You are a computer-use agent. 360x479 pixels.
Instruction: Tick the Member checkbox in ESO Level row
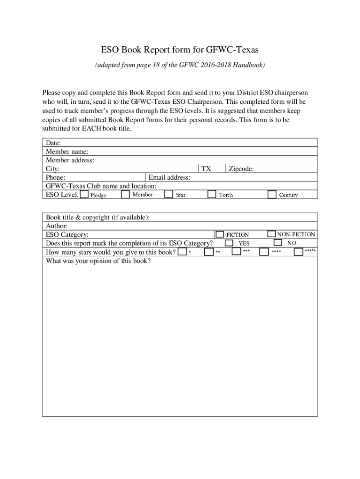pos(125,194)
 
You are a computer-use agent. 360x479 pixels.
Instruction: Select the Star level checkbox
pos(169,194)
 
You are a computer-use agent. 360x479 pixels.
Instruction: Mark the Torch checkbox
pos(212,194)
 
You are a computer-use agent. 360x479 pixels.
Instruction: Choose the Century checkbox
pos(272,194)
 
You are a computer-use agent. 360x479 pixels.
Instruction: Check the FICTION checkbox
pos(219,234)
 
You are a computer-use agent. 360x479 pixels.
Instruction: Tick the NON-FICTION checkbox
pos(272,233)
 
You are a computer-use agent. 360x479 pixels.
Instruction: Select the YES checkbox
pos(229,243)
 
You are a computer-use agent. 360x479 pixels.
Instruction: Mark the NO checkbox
pos(278,242)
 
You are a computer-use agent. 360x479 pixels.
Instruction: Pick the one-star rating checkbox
pos(182,252)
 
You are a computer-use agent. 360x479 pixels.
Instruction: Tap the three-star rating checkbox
pos(237,252)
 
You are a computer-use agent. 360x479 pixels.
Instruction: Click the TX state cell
pos(206,168)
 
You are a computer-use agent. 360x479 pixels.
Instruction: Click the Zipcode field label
pos(241,168)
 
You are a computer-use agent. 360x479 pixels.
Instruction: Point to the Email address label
pos(169,177)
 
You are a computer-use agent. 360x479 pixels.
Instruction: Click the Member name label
pos(67,151)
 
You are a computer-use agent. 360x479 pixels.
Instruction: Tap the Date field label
pos(53,143)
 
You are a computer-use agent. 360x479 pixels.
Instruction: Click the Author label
pos(57,225)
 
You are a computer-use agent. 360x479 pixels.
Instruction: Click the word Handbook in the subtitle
pos(250,65)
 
